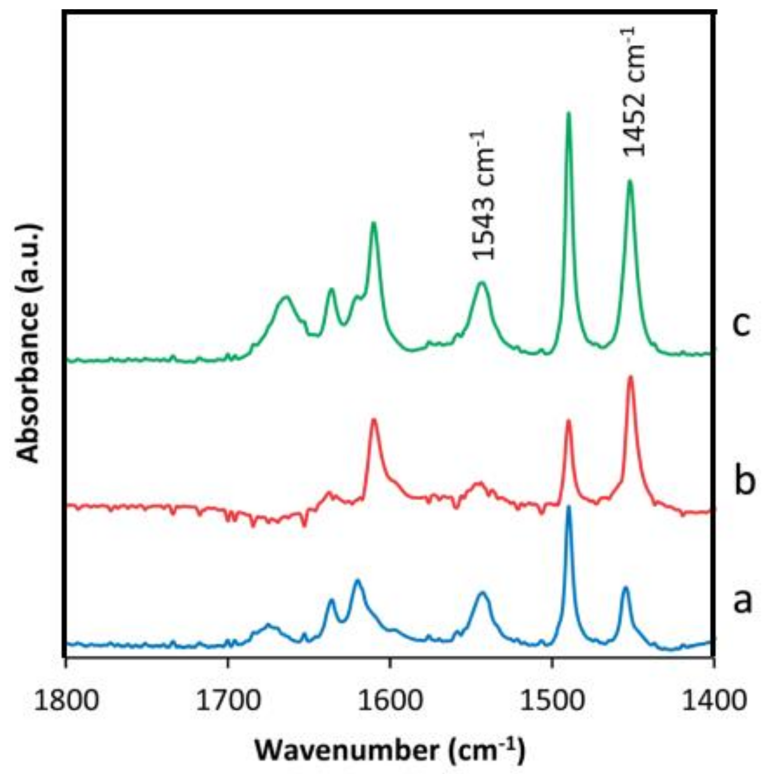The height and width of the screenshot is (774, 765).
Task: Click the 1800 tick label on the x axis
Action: point(65,702)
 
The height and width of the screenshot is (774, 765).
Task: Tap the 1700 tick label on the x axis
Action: point(227,702)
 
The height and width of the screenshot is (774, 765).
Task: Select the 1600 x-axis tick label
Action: point(390,702)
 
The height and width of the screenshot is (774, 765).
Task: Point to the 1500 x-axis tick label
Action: point(552,702)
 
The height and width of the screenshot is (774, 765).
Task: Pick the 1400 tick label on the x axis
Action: point(714,702)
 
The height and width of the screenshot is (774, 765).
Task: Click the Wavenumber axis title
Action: point(390,751)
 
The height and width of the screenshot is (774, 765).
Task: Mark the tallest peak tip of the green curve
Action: point(568,113)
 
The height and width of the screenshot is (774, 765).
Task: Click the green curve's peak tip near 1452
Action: point(630,181)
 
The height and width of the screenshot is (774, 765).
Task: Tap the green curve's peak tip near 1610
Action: point(374,223)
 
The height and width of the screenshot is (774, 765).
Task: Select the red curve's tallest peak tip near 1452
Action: point(630,376)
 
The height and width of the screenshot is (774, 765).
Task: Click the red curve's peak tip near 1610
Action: point(374,419)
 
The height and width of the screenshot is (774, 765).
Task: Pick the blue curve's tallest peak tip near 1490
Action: point(569,506)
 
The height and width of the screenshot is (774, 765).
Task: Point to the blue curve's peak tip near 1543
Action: point(482,592)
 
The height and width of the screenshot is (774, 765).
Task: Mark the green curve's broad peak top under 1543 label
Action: point(482,283)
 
